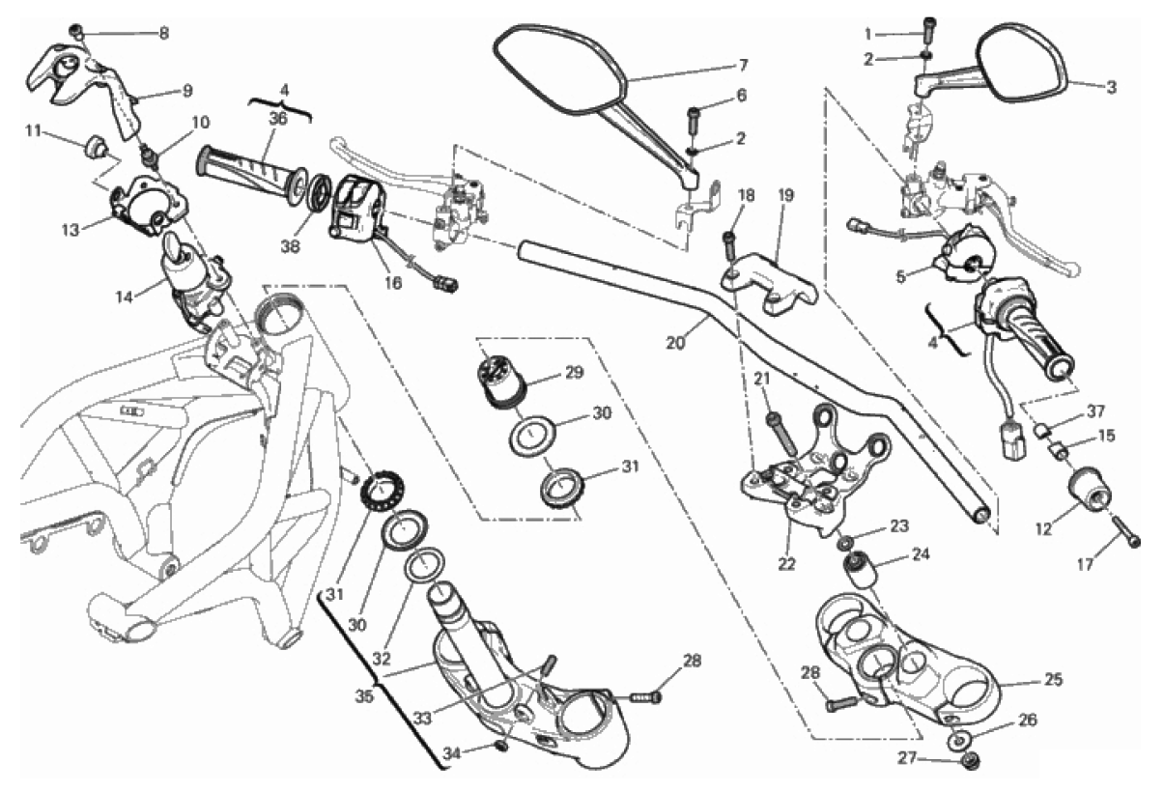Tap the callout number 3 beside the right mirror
click(x=1112, y=87)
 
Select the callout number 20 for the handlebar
click(x=675, y=341)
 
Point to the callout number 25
click(x=1052, y=680)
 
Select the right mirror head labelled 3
click(x=1025, y=64)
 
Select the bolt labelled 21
click(x=781, y=432)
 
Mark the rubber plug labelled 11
click(x=95, y=148)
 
